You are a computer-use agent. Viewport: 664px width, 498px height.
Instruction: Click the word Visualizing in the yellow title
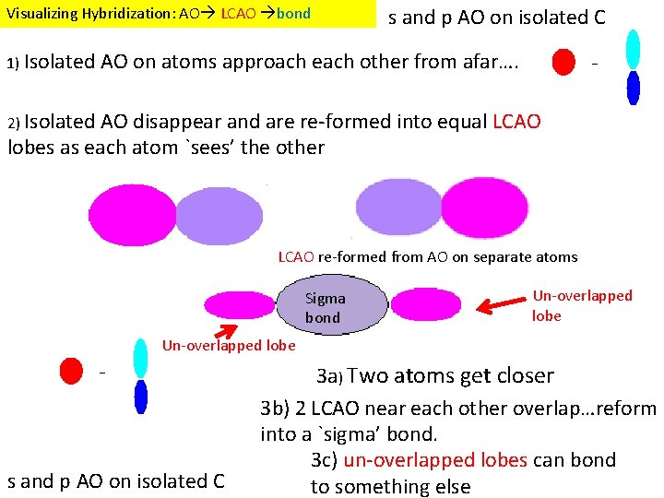[x=39, y=14]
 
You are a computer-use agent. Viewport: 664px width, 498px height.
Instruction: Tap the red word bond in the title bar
[x=293, y=14]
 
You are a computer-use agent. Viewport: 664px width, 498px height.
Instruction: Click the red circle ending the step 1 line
[x=563, y=62]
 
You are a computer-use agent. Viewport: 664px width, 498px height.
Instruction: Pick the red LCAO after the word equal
[x=517, y=122]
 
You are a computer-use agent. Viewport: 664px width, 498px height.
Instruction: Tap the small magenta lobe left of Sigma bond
[x=239, y=304]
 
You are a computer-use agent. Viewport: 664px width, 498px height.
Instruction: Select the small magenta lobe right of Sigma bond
[x=425, y=303]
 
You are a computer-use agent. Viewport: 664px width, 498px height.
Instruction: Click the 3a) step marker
[x=329, y=376]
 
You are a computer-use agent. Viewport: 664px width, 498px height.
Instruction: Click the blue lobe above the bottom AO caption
[x=140, y=397]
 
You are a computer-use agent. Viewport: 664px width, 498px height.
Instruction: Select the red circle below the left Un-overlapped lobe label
[x=70, y=371]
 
